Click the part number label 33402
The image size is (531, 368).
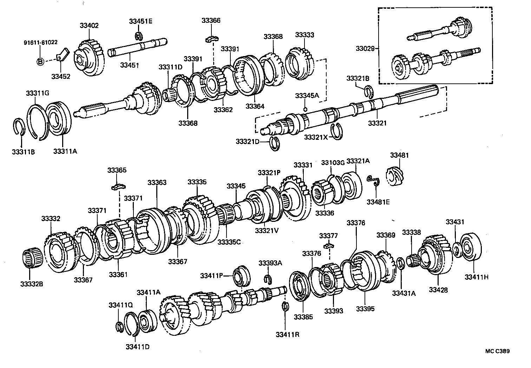pyautogui.click(x=89, y=26)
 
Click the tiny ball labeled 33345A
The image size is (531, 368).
pyautogui.click(x=305, y=109)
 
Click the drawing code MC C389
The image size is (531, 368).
pyautogui.click(x=498, y=351)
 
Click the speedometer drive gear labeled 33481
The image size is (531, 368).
pyautogui.click(x=396, y=176)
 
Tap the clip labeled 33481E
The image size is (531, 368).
pyautogui.click(x=374, y=180)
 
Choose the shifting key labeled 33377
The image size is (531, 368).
pyautogui.click(x=329, y=245)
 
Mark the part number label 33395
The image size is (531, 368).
pyautogui.click(x=365, y=309)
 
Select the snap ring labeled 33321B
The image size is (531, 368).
pyautogui.click(x=368, y=90)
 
